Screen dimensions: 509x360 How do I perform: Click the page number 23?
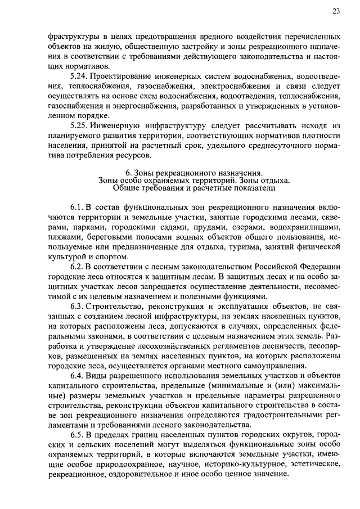(x=336, y=11)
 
